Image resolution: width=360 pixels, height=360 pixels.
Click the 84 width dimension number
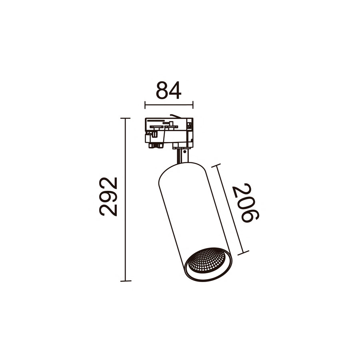169,91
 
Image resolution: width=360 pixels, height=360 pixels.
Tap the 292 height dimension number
108,196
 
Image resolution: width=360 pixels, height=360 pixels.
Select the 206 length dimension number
246,203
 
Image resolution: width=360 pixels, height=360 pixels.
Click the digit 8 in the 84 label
162,91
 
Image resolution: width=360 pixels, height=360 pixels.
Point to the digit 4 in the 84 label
175,91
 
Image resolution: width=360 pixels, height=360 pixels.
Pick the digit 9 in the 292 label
108,197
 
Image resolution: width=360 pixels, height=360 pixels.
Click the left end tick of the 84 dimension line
145,105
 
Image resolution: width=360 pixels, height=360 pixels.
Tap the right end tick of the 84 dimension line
193,105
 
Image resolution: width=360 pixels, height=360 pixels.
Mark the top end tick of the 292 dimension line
125,118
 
